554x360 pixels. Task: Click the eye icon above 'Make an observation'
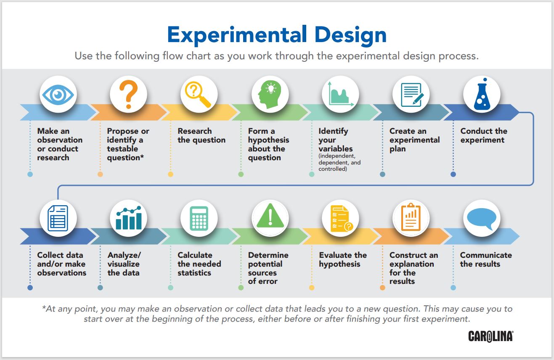coord(58,95)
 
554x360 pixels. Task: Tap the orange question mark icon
coord(128,95)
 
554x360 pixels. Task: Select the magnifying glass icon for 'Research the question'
coord(199,95)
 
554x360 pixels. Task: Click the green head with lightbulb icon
coord(269,95)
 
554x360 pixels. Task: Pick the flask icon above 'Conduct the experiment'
coord(481,95)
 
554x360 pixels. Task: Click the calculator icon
coord(199,218)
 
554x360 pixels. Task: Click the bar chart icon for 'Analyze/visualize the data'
coord(128,218)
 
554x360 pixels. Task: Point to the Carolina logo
coord(490,336)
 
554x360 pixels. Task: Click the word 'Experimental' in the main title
coord(237,35)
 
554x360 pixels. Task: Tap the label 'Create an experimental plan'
coord(414,140)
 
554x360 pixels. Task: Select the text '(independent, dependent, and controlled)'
coord(339,162)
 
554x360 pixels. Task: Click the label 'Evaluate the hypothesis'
coord(342,259)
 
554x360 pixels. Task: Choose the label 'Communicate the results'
coord(485,259)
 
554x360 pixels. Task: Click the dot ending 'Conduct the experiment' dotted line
coord(453,174)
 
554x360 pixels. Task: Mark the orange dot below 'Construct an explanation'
coord(382,288)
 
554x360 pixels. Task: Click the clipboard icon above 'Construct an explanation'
coord(411,218)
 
